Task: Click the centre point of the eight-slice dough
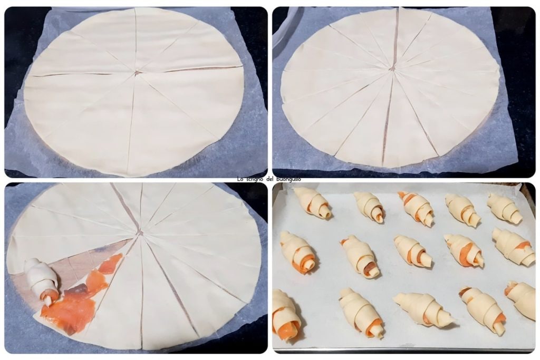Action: (137, 73)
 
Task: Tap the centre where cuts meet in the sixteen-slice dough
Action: (392, 69)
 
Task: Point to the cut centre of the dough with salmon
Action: (139, 233)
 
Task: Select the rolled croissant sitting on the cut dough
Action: (41, 280)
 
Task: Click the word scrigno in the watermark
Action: (254, 179)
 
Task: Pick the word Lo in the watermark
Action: (240, 179)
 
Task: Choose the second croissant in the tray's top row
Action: (370, 206)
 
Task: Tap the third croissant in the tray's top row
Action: (416, 208)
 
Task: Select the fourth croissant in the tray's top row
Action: (462, 210)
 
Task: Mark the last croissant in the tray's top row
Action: (505, 209)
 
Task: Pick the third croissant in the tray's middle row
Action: (413, 251)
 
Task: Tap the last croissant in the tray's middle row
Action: (514, 247)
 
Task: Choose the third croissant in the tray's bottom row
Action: (423, 309)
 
